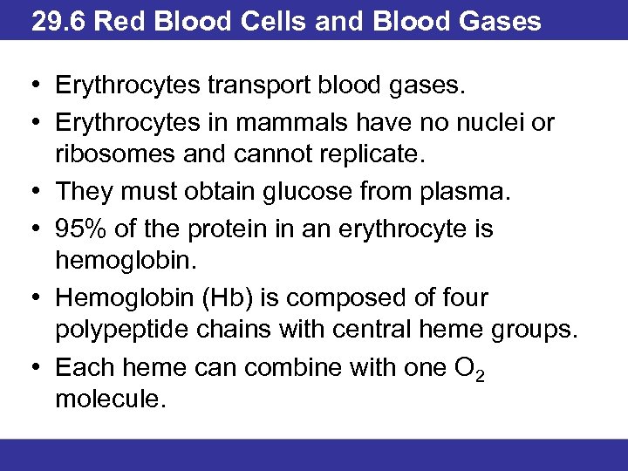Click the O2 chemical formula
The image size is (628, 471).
point(468,369)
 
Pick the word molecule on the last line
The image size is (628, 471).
point(109,401)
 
